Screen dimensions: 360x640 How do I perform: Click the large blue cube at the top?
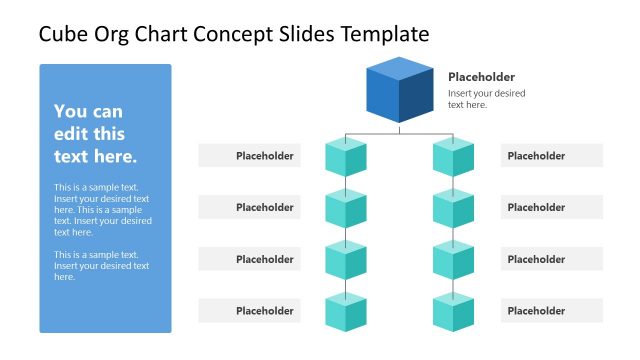[x=399, y=91]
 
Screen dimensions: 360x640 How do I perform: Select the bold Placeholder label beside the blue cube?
[x=481, y=77]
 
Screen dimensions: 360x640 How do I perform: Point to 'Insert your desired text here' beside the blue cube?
[x=486, y=99]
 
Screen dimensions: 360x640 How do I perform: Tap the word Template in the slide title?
[x=385, y=34]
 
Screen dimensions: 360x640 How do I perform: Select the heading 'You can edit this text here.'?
[x=95, y=134]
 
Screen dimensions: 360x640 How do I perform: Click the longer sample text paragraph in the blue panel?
[x=102, y=210]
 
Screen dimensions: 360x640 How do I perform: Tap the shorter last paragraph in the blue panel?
[x=101, y=265]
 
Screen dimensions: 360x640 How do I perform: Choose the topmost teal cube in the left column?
[x=346, y=157]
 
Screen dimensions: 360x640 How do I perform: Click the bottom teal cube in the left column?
[x=346, y=312]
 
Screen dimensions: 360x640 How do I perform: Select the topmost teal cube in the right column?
[x=453, y=157]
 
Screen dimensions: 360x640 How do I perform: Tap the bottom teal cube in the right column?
[x=453, y=312]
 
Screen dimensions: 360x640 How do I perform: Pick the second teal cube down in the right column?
[x=453, y=208]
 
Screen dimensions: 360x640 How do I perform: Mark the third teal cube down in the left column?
[x=346, y=260]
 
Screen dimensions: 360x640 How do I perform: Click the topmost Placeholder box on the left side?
[x=249, y=156]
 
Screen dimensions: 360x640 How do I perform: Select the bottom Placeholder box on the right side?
[x=552, y=311]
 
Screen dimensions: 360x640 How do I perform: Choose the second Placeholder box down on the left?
[x=249, y=208]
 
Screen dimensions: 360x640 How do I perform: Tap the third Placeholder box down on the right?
[x=552, y=259]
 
